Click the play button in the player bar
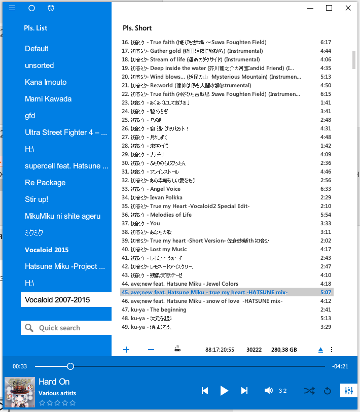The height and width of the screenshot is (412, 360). point(224,390)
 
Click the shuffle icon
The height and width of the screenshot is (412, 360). point(309,390)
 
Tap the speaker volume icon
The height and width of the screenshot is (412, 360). point(269,390)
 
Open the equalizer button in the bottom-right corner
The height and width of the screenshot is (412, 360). point(348,391)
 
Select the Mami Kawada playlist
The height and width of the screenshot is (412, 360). point(48,99)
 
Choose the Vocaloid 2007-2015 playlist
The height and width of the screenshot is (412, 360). point(57,300)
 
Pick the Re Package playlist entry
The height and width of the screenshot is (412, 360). point(45,183)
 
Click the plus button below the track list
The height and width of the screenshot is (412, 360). point(126,350)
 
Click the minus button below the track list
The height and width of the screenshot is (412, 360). point(151,350)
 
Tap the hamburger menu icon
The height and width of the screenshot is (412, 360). point(13,8)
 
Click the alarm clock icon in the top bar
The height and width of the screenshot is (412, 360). point(51,8)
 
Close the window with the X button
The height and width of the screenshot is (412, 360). point(348,8)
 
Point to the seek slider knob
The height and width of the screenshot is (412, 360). point(70,366)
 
